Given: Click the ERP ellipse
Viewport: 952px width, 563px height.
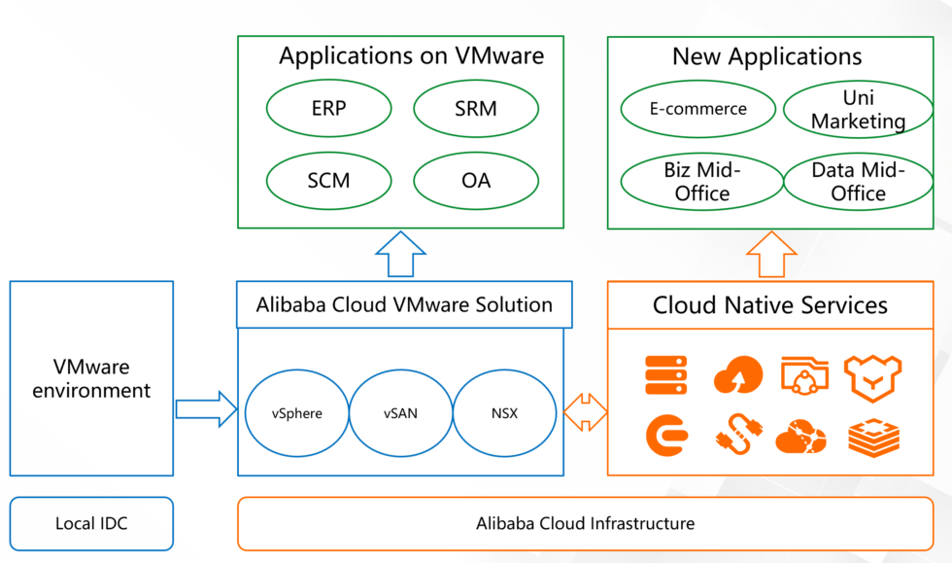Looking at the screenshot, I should coord(328,109).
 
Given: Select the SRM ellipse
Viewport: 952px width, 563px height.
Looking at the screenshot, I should coord(475,109).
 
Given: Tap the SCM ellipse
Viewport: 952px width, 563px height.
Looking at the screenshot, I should coord(328,181).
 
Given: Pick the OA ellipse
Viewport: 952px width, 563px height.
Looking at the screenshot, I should coord(475,181).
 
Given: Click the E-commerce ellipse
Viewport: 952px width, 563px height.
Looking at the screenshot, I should coord(697,109).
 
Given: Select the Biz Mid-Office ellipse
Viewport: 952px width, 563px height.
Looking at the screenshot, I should coord(701,182).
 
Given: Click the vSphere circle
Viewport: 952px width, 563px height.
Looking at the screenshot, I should coord(296,413).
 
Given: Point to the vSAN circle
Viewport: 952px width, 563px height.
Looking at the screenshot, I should coord(400,413).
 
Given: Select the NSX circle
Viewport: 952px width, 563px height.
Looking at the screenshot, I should coord(504,413).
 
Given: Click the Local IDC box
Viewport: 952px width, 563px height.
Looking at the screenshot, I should coord(91,523).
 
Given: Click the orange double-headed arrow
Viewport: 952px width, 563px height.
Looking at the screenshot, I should coord(585,412).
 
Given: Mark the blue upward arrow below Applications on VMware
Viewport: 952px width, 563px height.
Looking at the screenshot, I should coord(400,255).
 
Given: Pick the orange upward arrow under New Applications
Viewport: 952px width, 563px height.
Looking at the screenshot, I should coord(771,255).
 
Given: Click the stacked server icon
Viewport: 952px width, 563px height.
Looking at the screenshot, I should coord(665,375).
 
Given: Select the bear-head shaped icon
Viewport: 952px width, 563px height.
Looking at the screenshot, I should coord(872,377).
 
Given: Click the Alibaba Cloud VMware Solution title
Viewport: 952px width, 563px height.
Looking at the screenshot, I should coord(404,304).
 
